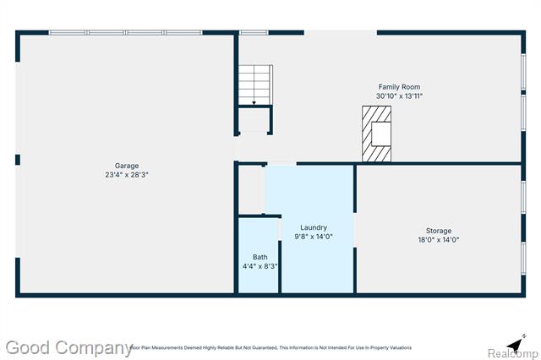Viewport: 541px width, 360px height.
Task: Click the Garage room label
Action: click(127, 166)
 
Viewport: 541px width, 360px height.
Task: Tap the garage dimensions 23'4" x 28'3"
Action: click(127, 175)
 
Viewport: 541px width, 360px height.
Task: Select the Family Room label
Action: click(399, 87)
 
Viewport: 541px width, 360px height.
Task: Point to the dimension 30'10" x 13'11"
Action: click(399, 96)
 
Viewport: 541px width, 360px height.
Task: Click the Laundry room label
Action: click(314, 227)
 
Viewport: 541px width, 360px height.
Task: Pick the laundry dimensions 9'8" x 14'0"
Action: click(314, 237)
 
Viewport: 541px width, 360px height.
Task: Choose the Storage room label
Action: click(438, 231)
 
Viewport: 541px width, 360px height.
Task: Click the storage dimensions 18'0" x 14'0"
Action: click(438, 240)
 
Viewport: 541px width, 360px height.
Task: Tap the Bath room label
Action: click(260, 257)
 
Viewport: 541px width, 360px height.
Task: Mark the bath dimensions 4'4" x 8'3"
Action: click(260, 266)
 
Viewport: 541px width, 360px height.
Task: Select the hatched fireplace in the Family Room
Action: click(378, 134)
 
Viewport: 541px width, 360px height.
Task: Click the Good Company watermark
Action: click(67, 347)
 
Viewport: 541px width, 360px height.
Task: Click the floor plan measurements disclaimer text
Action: click(270, 347)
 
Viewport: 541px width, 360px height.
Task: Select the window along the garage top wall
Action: click(124, 33)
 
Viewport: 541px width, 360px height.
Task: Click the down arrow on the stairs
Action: click(254, 101)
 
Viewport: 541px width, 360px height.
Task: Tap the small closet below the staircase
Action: click(254, 120)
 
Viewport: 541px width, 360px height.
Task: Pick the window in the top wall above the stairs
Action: click(254, 33)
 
